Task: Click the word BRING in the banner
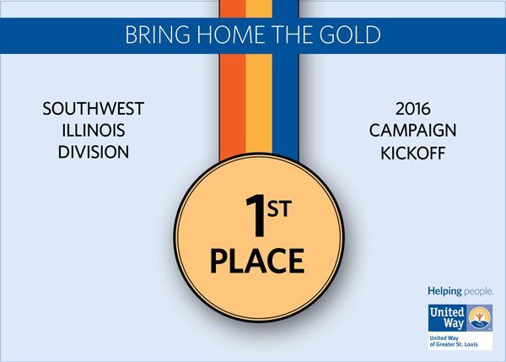(158, 35)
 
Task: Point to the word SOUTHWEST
(94, 109)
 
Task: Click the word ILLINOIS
(94, 131)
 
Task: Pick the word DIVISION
(94, 152)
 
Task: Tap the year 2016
(412, 109)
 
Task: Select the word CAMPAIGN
(412, 131)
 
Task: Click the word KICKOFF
(412, 153)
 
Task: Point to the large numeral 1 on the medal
(256, 216)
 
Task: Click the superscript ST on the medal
(279, 208)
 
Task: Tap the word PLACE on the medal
(257, 261)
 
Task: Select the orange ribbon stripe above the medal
(233, 106)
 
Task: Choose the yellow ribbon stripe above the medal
(259, 103)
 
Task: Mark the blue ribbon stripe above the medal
(285, 106)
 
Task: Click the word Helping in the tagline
(444, 292)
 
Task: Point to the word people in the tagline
(478, 292)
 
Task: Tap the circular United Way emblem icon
(480, 318)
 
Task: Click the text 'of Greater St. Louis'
(454, 344)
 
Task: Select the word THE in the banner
(292, 35)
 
